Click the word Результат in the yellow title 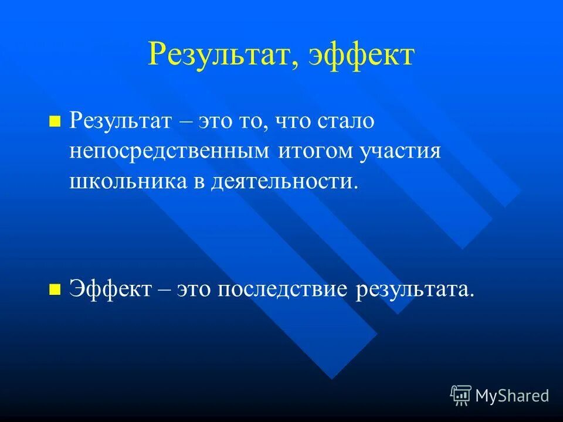pyautogui.click(x=216, y=55)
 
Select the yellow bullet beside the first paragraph pyautogui.click(x=55, y=122)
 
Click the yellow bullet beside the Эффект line pyautogui.click(x=55, y=288)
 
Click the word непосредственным pyautogui.click(x=169, y=151)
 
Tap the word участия pyautogui.click(x=400, y=152)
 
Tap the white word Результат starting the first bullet pyautogui.click(x=121, y=122)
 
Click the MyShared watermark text pyautogui.click(x=512, y=396)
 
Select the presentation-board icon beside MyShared pyautogui.click(x=461, y=396)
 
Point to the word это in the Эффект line pyautogui.click(x=194, y=288)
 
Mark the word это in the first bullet pyautogui.click(x=217, y=122)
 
